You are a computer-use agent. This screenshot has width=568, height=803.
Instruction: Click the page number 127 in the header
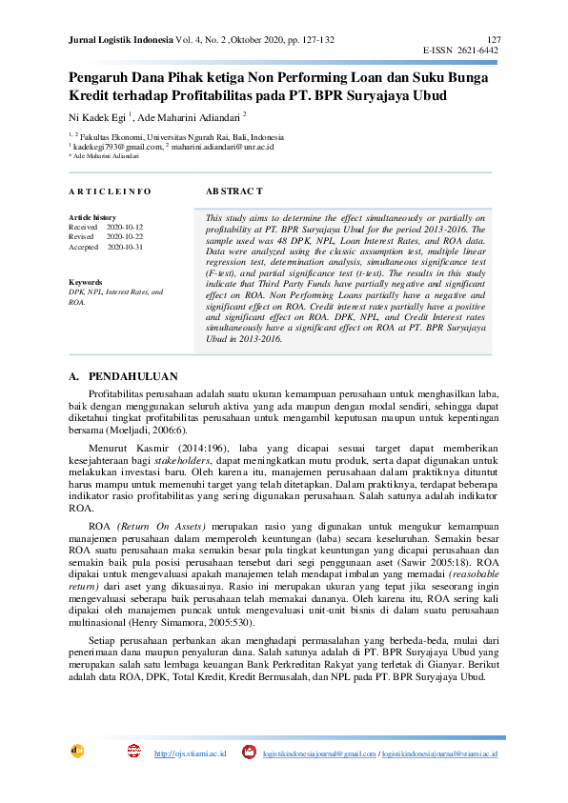click(493, 38)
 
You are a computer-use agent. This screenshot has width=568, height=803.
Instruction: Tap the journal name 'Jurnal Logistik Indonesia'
click(121, 39)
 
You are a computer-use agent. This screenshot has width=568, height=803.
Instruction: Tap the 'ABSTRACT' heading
click(234, 191)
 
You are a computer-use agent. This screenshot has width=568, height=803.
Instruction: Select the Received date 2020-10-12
click(125, 227)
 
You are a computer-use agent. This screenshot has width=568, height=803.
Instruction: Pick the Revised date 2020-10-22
click(125, 236)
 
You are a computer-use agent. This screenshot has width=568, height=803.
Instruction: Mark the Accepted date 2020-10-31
click(125, 246)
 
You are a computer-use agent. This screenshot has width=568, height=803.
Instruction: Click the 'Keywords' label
click(86, 283)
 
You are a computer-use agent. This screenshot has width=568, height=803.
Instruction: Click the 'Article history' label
click(92, 217)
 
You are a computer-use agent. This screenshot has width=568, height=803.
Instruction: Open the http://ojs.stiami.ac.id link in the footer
click(191, 753)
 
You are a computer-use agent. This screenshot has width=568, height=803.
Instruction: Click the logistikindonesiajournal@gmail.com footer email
click(319, 753)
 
